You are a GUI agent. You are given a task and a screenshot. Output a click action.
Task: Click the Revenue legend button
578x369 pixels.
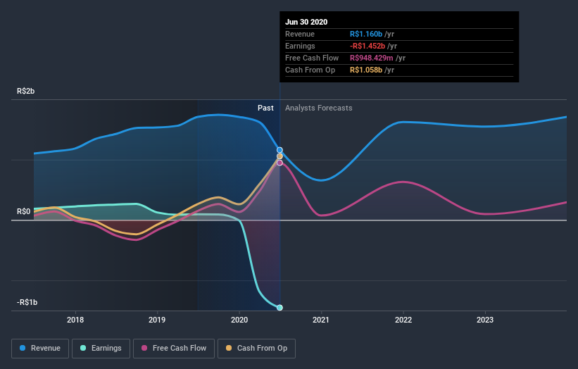(x=41, y=348)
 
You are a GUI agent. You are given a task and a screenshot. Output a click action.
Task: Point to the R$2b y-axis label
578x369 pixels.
(x=26, y=92)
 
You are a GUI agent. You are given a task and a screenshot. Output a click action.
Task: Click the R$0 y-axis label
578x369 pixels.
(x=24, y=211)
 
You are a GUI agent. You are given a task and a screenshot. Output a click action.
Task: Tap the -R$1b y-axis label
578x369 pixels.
(x=27, y=302)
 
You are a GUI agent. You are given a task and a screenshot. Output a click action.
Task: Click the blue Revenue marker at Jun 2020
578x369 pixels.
(x=279, y=150)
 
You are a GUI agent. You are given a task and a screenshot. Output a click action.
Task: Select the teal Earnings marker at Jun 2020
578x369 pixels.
(x=279, y=308)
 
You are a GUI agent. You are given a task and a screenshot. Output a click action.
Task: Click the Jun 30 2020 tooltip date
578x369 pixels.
(x=306, y=22)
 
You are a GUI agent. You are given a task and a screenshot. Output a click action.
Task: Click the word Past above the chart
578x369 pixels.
(x=265, y=108)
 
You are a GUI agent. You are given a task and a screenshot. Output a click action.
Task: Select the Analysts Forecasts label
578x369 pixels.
(x=319, y=108)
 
